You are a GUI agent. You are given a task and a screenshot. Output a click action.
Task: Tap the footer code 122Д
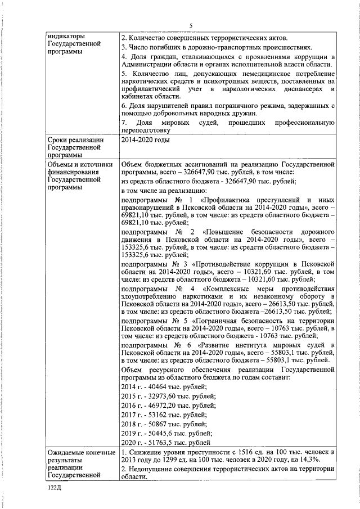pyautogui.click(x=55, y=490)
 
